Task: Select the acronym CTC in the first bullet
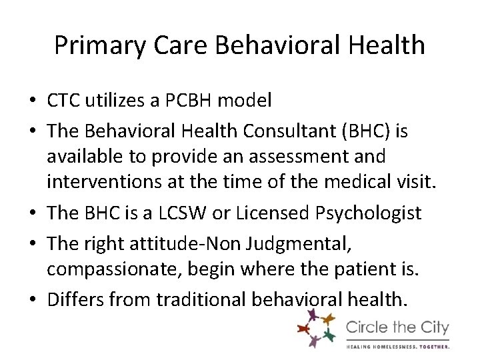(62, 101)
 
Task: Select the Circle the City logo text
(397, 328)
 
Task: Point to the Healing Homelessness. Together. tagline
(397, 346)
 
